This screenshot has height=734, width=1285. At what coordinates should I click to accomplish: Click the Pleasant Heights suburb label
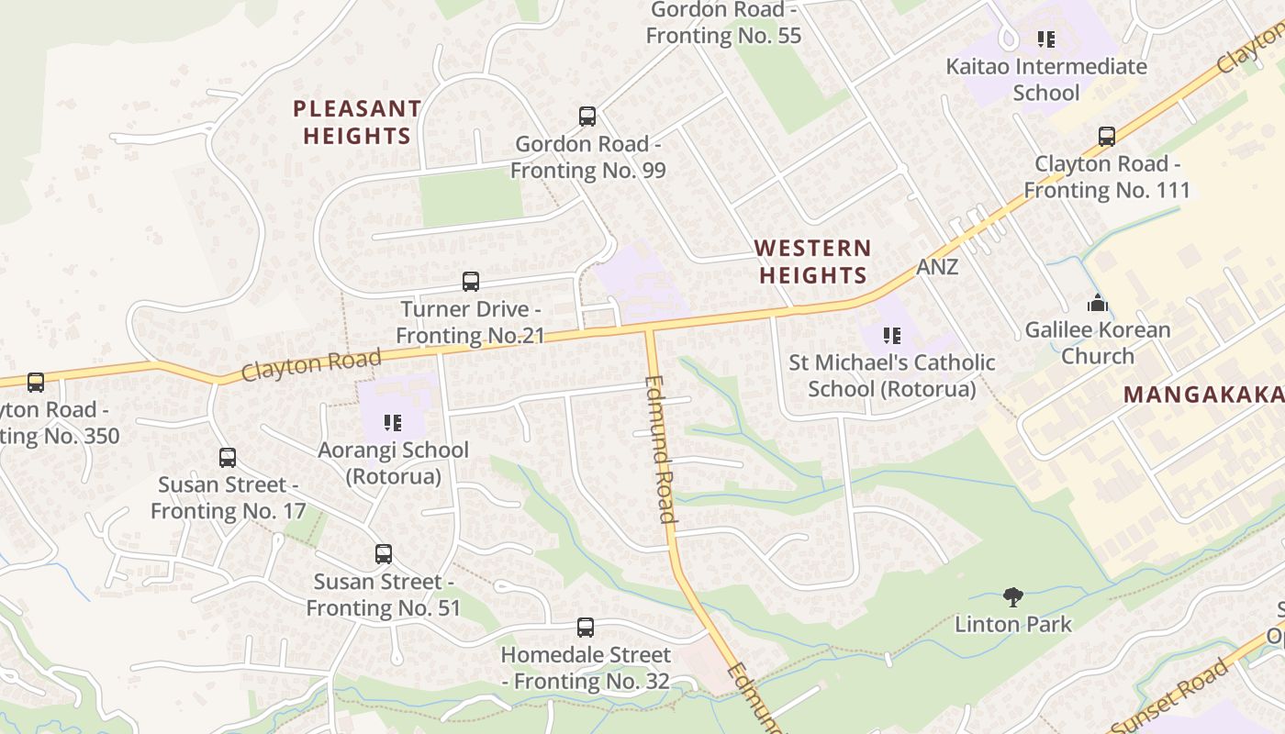coord(357,122)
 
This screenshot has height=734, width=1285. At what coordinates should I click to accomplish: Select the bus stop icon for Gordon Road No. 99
coord(587,117)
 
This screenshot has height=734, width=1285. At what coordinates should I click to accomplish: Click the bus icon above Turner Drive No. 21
coord(471,282)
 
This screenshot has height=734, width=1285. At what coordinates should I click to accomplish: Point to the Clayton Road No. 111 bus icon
coord(1107,137)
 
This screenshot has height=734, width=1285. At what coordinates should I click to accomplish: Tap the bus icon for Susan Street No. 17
coord(228,457)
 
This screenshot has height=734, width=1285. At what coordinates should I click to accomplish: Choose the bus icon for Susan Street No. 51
coord(384,554)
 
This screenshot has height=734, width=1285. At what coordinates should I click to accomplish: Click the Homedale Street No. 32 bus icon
coord(586,628)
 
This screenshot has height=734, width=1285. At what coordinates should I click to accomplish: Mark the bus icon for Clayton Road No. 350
coord(36,382)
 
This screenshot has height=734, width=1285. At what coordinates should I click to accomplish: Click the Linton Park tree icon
coord(1013,597)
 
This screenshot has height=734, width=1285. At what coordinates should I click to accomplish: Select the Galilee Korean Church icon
coord(1098,303)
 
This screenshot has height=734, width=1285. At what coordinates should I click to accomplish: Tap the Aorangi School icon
coord(393,423)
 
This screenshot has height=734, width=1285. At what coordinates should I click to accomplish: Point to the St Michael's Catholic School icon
coord(892,336)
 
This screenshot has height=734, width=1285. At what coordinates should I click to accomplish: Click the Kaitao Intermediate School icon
coord(1046,39)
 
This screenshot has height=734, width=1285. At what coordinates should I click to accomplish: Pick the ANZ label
coord(937,267)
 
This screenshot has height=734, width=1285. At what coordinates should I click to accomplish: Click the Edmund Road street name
coord(660,450)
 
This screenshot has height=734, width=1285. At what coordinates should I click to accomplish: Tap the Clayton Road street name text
coord(311,364)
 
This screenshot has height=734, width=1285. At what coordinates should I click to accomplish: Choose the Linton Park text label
coord(1013,625)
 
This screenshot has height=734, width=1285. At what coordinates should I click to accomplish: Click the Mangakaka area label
coord(1203,395)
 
